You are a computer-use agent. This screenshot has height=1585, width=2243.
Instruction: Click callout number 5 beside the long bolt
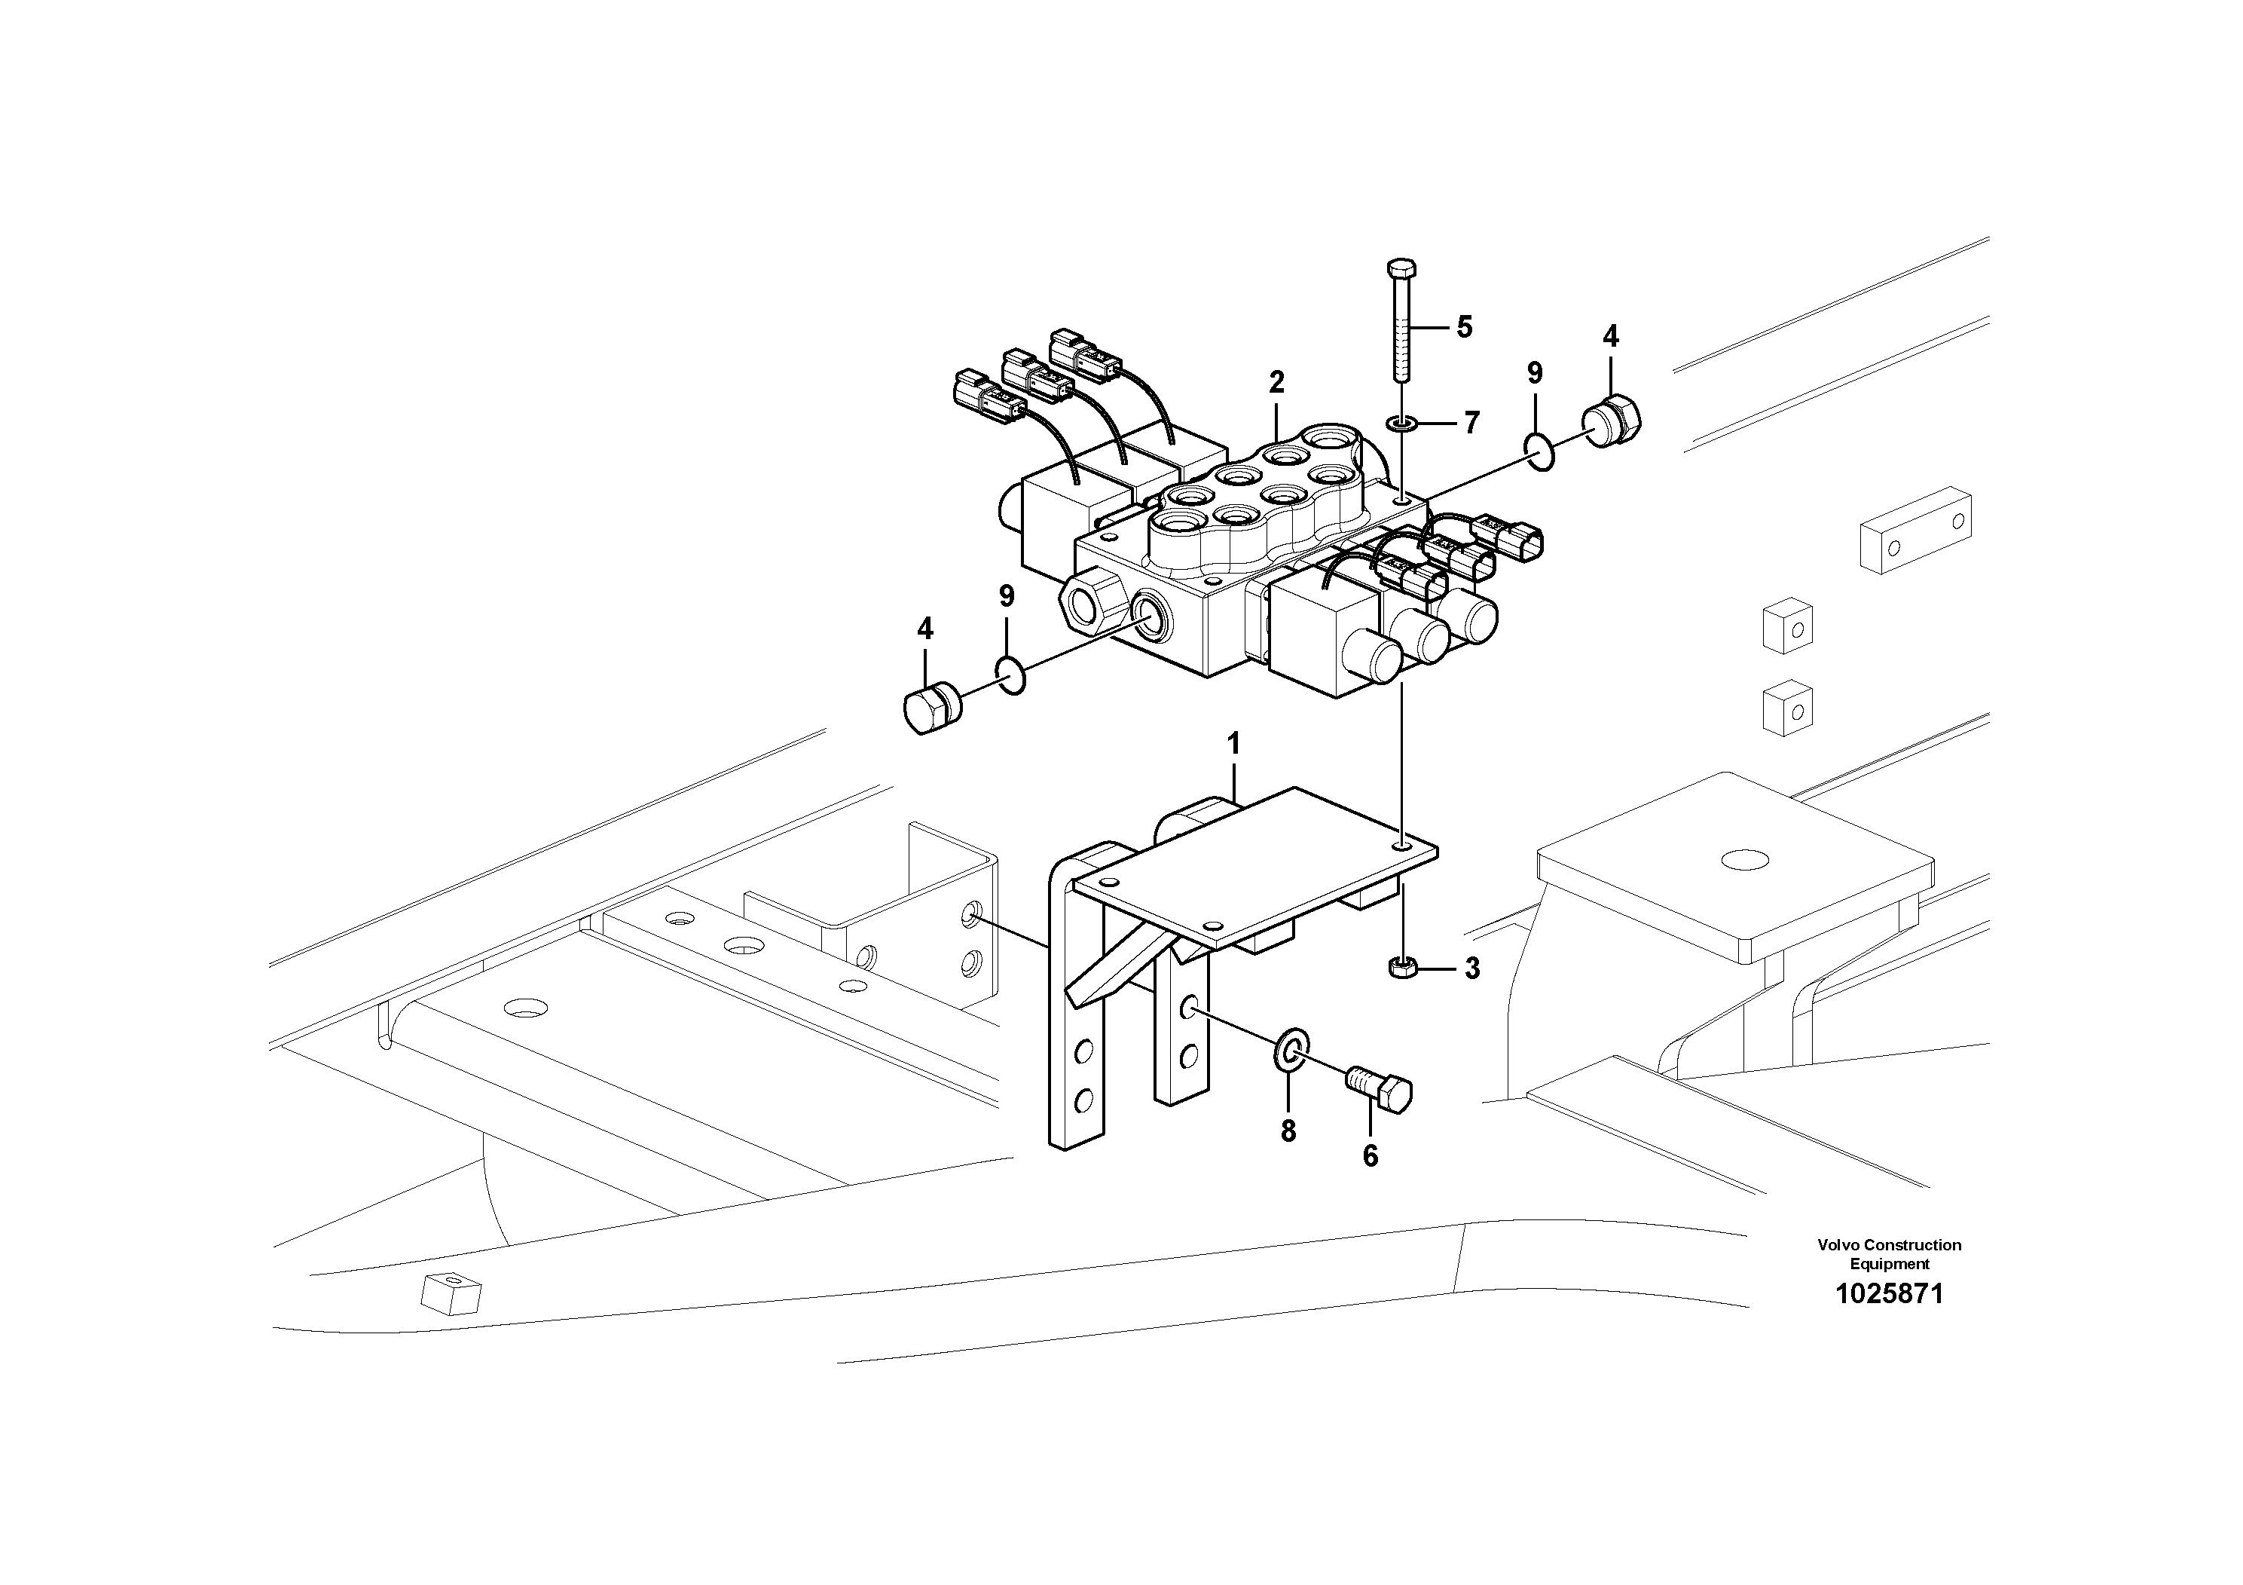(x=1463, y=326)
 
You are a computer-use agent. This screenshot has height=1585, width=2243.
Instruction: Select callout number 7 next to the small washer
(x=1471, y=423)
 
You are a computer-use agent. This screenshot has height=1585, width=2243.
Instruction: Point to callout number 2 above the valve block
(x=1276, y=382)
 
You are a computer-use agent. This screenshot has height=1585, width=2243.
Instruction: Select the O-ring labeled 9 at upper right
(x=1539, y=452)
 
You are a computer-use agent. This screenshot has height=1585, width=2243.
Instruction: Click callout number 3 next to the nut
(x=1471, y=968)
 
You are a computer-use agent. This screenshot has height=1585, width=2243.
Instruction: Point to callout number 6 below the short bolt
(x=1370, y=1156)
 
